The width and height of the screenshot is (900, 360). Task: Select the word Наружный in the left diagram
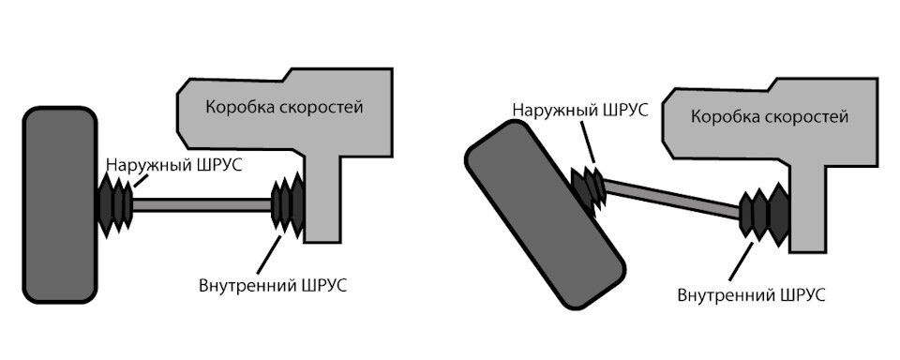point(144,165)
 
